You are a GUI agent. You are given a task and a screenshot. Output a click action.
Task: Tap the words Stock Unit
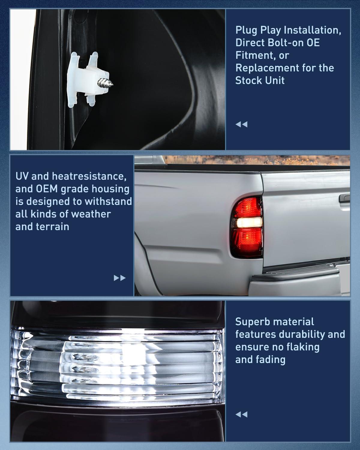click(x=260, y=80)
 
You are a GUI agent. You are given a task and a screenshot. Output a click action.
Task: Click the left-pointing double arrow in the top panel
click(x=241, y=124)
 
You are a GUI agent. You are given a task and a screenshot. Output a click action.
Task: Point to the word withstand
click(x=108, y=201)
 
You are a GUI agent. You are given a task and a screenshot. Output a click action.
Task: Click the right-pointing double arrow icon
click(x=120, y=278)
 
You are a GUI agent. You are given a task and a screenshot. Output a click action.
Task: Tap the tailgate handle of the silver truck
click(x=344, y=198)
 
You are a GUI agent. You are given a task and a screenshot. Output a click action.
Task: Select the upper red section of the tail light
click(x=248, y=207)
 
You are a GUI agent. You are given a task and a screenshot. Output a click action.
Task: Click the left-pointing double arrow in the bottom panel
click(x=241, y=415)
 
